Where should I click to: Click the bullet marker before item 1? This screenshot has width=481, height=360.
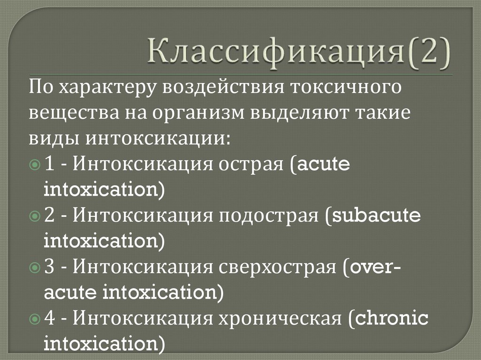pyautogui.click(x=36, y=166)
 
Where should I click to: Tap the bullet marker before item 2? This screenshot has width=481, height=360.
pyautogui.click(x=36, y=217)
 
